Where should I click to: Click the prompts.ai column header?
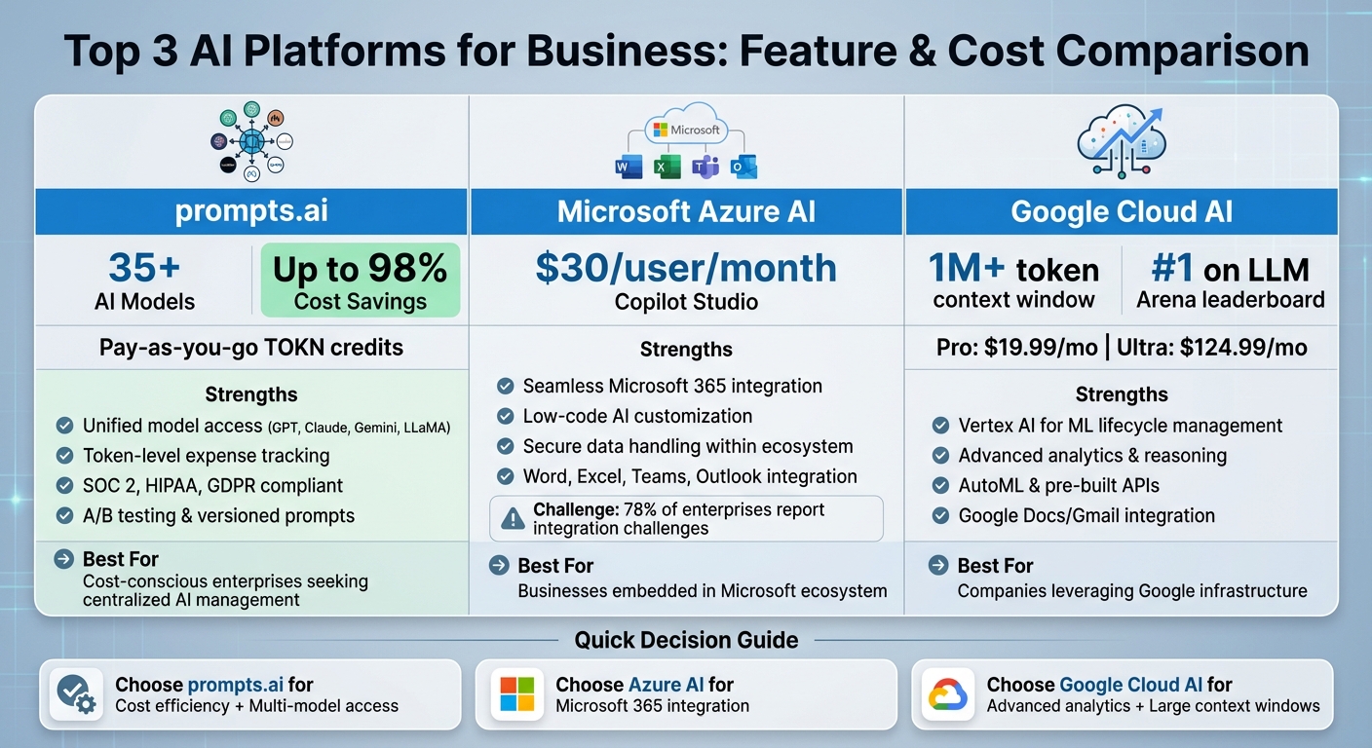[252, 211]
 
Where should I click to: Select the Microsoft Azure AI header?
[686, 211]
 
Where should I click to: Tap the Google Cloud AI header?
[1122, 211]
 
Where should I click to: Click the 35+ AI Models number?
[144, 269]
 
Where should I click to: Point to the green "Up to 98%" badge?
[360, 280]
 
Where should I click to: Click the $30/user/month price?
[686, 268]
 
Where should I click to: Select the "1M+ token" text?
[1013, 269]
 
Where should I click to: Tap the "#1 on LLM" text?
[1231, 269]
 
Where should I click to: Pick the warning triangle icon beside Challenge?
[513, 519]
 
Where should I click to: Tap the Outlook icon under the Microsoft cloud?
[744, 168]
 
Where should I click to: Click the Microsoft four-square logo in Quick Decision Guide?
[517, 694]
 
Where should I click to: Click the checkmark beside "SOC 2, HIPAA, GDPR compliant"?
[64, 486]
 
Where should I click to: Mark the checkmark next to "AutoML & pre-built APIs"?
[940, 486]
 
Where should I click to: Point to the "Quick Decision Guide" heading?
[686, 640]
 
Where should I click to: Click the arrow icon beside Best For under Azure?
[498, 566]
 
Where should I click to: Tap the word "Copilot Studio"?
[686, 302]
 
